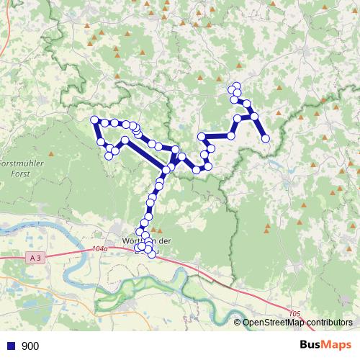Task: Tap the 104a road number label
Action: click(x=99, y=249)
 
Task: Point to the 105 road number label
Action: click(x=294, y=313)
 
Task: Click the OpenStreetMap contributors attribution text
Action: click(x=297, y=323)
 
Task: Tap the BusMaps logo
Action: click(x=328, y=345)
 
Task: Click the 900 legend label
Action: click(x=30, y=346)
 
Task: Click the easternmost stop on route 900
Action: click(x=266, y=138)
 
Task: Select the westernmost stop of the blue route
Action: click(x=94, y=120)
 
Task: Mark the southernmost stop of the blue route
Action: click(x=151, y=253)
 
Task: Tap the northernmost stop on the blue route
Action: click(x=236, y=86)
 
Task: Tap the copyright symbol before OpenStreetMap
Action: click(x=238, y=323)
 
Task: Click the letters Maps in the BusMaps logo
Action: click(x=338, y=345)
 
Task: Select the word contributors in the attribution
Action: click(x=327, y=323)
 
